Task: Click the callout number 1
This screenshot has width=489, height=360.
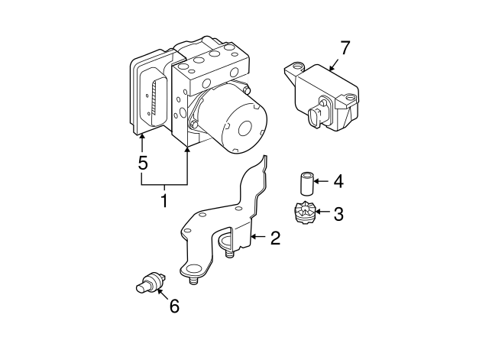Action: [x=164, y=202]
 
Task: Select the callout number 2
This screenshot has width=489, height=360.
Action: [x=275, y=238]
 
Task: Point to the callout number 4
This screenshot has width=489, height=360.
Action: [x=338, y=182]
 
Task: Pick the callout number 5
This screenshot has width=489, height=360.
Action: [x=142, y=163]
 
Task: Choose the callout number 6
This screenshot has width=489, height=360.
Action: [x=174, y=306]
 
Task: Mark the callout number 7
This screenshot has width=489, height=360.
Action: [x=345, y=47]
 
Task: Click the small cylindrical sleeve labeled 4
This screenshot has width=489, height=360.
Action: [x=306, y=183]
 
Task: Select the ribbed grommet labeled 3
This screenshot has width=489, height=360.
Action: [x=305, y=212]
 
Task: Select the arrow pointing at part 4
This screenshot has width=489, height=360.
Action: [x=321, y=182]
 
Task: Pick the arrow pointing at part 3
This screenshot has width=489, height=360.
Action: [x=323, y=212]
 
